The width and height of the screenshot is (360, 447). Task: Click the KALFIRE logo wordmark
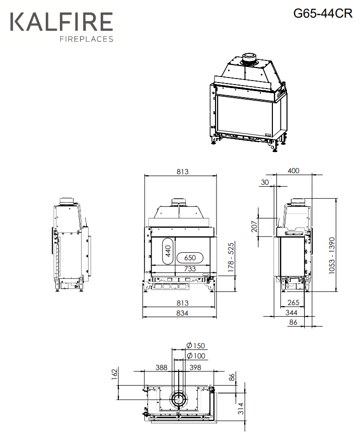click(x=61, y=22)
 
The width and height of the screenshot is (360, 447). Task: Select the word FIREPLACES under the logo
click(x=87, y=39)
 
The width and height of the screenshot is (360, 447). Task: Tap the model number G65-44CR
click(x=323, y=14)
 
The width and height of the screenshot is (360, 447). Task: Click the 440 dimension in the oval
click(x=168, y=251)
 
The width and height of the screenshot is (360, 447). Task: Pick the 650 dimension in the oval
click(x=190, y=258)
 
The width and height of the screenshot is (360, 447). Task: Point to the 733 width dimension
click(x=190, y=268)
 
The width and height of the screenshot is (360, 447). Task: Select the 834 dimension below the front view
click(x=182, y=313)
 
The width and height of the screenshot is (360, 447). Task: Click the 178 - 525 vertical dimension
click(x=231, y=257)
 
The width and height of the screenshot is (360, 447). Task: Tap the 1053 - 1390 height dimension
click(x=332, y=255)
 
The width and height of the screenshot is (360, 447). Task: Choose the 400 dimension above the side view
click(x=294, y=171)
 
